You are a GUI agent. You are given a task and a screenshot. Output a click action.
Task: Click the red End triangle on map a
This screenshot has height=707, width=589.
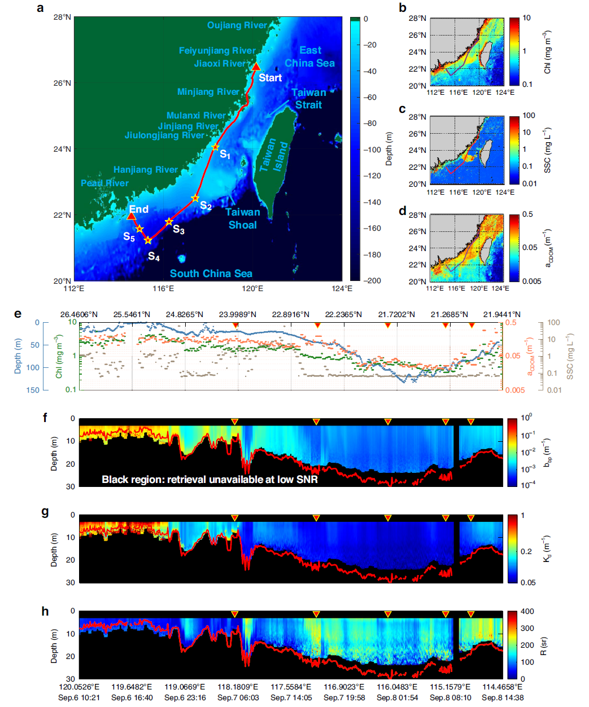[132, 216]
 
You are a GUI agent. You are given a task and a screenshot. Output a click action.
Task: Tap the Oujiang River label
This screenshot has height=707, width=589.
[237, 25]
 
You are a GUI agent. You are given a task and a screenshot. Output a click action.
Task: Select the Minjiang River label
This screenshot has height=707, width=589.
[208, 92]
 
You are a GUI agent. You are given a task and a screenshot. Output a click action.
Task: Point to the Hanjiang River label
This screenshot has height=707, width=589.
[146, 170]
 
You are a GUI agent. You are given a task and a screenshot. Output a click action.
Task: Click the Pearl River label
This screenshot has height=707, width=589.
[104, 183]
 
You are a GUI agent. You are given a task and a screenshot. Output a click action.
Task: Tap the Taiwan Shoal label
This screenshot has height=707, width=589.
[243, 218]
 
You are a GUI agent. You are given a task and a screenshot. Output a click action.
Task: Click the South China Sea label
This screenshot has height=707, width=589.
[211, 274]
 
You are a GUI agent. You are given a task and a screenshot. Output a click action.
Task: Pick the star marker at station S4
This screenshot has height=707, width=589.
[148, 240]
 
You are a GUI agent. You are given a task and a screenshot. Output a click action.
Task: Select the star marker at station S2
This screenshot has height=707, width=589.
[195, 198]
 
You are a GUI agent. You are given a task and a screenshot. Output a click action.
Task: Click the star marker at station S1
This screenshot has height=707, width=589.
[215, 147]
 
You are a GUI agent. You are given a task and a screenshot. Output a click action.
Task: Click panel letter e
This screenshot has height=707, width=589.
[18, 314]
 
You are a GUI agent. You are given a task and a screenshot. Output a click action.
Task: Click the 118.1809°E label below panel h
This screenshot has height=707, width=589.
[238, 687]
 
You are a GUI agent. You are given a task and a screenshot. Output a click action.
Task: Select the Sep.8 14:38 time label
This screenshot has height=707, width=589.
[503, 697]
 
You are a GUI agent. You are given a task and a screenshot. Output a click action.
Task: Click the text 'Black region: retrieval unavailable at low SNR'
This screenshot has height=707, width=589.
[210, 480]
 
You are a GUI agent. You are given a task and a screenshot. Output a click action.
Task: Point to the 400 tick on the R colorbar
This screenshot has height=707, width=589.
[527, 612]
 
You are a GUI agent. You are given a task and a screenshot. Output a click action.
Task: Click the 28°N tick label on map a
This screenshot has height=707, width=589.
[62, 17]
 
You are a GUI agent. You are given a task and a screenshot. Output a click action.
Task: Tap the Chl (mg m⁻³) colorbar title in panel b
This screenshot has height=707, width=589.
[547, 52]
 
